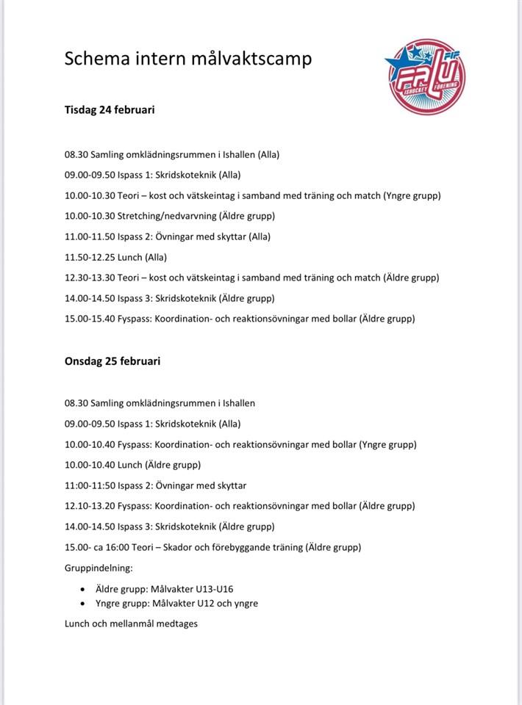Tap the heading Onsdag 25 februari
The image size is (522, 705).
point(112,361)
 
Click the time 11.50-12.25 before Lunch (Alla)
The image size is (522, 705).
point(90,257)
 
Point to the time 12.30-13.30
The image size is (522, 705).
point(90,278)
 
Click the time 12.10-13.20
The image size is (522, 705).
point(90,506)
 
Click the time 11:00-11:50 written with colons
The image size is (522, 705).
point(90,485)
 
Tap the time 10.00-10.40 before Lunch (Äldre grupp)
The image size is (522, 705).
point(90,465)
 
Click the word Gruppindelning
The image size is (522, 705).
point(98,568)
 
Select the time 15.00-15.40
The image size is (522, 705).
point(90,319)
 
